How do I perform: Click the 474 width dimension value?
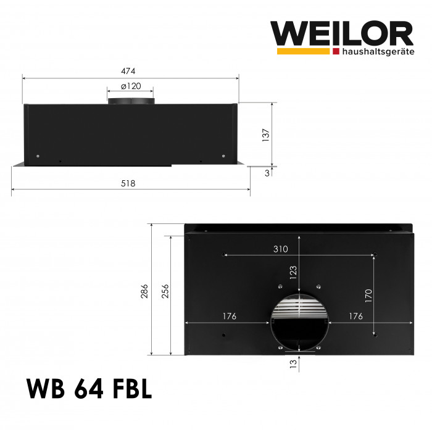(128, 71)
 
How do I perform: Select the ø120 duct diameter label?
(130, 86)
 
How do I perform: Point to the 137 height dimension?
(266, 134)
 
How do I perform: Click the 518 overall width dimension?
(128, 183)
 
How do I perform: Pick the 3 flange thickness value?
(267, 173)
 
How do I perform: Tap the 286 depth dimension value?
(144, 290)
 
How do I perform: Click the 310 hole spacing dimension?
(281, 249)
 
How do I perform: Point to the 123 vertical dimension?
(293, 271)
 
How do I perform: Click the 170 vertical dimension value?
(368, 296)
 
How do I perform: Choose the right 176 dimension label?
(355, 317)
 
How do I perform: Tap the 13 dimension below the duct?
(293, 363)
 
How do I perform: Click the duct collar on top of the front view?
(130, 101)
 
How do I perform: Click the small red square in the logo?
(336, 51)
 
